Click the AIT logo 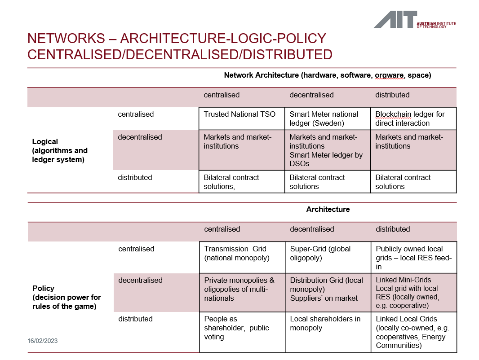[x=414, y=20]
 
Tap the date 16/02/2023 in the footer [x=43, y=341]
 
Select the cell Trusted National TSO [x=239, y=114]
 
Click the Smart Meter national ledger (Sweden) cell [x=324, y=119]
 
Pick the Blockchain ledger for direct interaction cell [x=410, y=119]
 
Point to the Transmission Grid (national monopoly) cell [x=235, y=253]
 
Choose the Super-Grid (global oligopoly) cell [x=320, y=253]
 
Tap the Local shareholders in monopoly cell [x=325, y=323]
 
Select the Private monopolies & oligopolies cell [x=239, y=289]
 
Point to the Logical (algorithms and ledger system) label [x=60, y=150]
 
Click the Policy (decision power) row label [x=67, y=297]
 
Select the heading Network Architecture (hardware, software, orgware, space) [x=327, y=75]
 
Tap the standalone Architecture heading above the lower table [x=328, y=209]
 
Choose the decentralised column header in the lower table [x=312, y=229]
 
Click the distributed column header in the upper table [x=392, y=95]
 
